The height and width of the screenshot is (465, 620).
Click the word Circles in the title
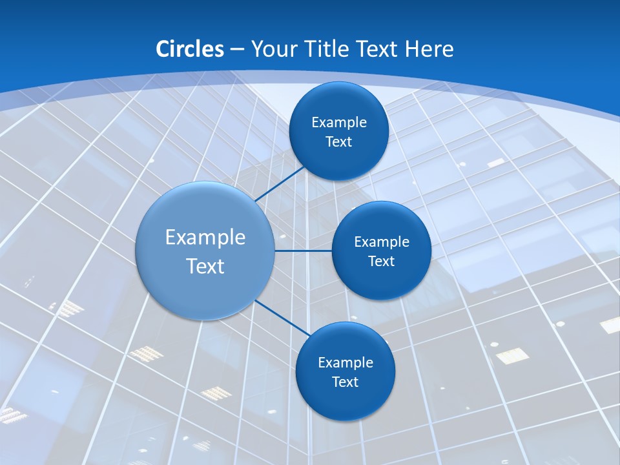(x=190, y=49)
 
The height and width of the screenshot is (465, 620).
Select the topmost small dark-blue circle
(x=338, y=103)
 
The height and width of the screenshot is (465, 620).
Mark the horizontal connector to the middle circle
(x=304, y=251)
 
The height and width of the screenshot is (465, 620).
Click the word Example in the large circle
(x=205, y=238)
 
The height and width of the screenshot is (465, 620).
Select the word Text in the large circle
(x=205, y=266)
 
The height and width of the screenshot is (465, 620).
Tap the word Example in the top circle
(x=338, y=123)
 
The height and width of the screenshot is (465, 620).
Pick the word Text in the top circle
(x=338, y=142)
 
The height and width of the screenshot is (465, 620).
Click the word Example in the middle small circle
(x=381, y=242)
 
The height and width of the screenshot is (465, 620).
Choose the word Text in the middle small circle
(x=381, y=262)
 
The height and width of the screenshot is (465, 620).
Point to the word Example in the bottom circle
(x=345, y=363)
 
